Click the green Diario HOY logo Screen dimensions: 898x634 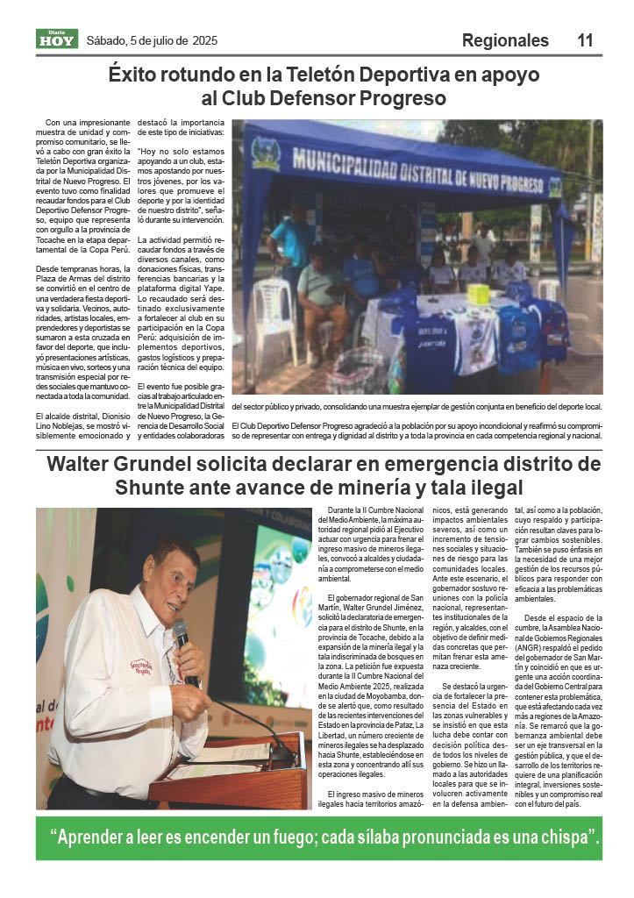[57, 39]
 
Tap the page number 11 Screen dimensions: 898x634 [586, 40]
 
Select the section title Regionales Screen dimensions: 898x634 [505, 40]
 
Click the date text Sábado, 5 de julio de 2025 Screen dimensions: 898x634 [152, 40]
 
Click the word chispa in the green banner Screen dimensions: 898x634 [559, 838]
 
